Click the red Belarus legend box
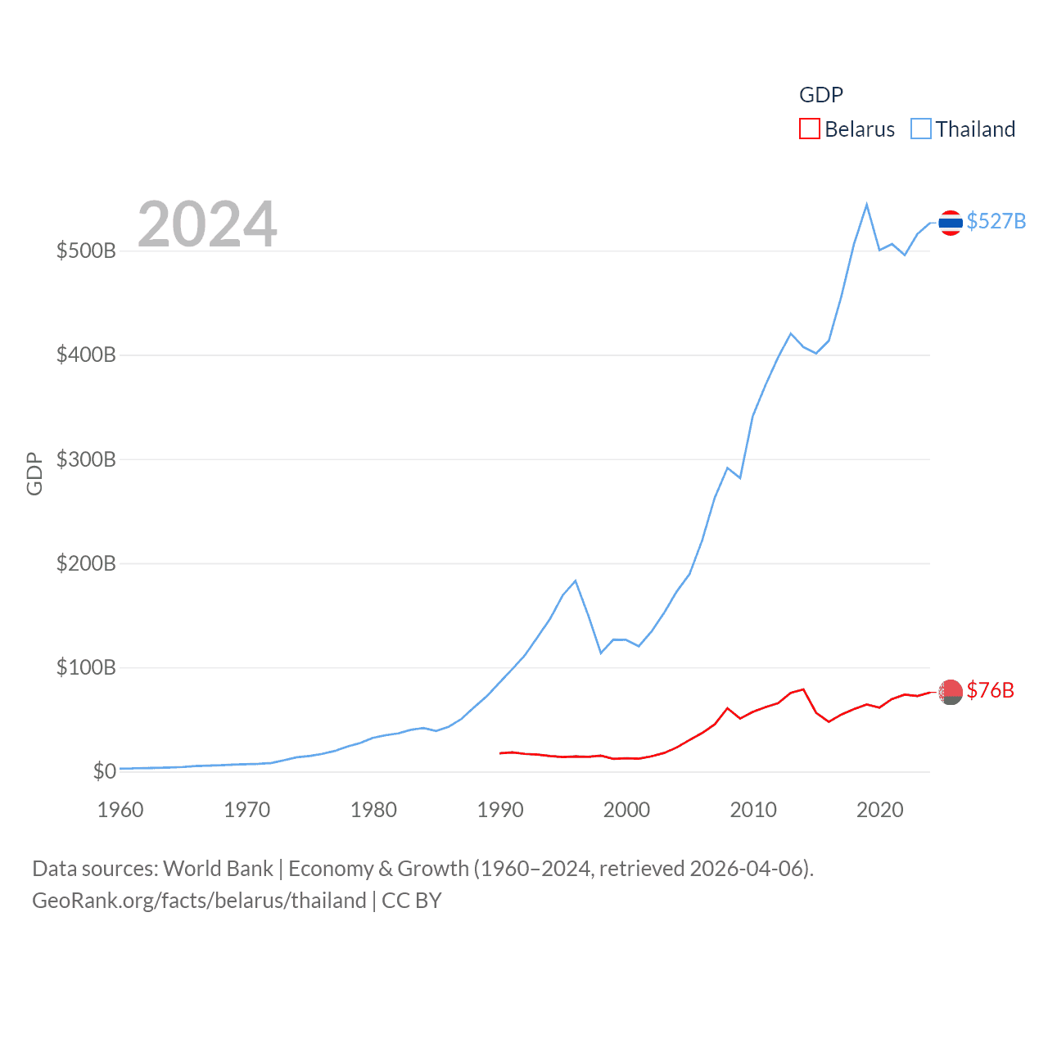click(x=809, y=129)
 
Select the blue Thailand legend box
click(x=921, y=129)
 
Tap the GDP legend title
click(x=820, y=95)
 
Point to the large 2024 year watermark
click(x=207, y=224)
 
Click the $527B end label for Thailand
click(x=996, y=222)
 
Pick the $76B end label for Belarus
click(x=990, y=690)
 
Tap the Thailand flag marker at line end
click(x=950, y=222)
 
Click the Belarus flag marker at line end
click(x=950, y=692)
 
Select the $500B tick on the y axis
click(x=86, y=251)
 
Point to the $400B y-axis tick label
click(x=86, y=355)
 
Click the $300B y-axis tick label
click(x=86, y=459)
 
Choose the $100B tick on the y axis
click(x=86, y=667)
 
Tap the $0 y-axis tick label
click(x=104, y=771)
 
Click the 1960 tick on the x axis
click(x=120, y=810)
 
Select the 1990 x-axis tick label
click(x=500, y=810)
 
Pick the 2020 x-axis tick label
click(x=879, y=810)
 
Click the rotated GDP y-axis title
click(x=34, y=473)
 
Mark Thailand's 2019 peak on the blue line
click(x=866, y=205)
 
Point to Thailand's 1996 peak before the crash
click(x=576, y=580)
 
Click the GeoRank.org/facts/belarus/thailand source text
click(x=199, y=901)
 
